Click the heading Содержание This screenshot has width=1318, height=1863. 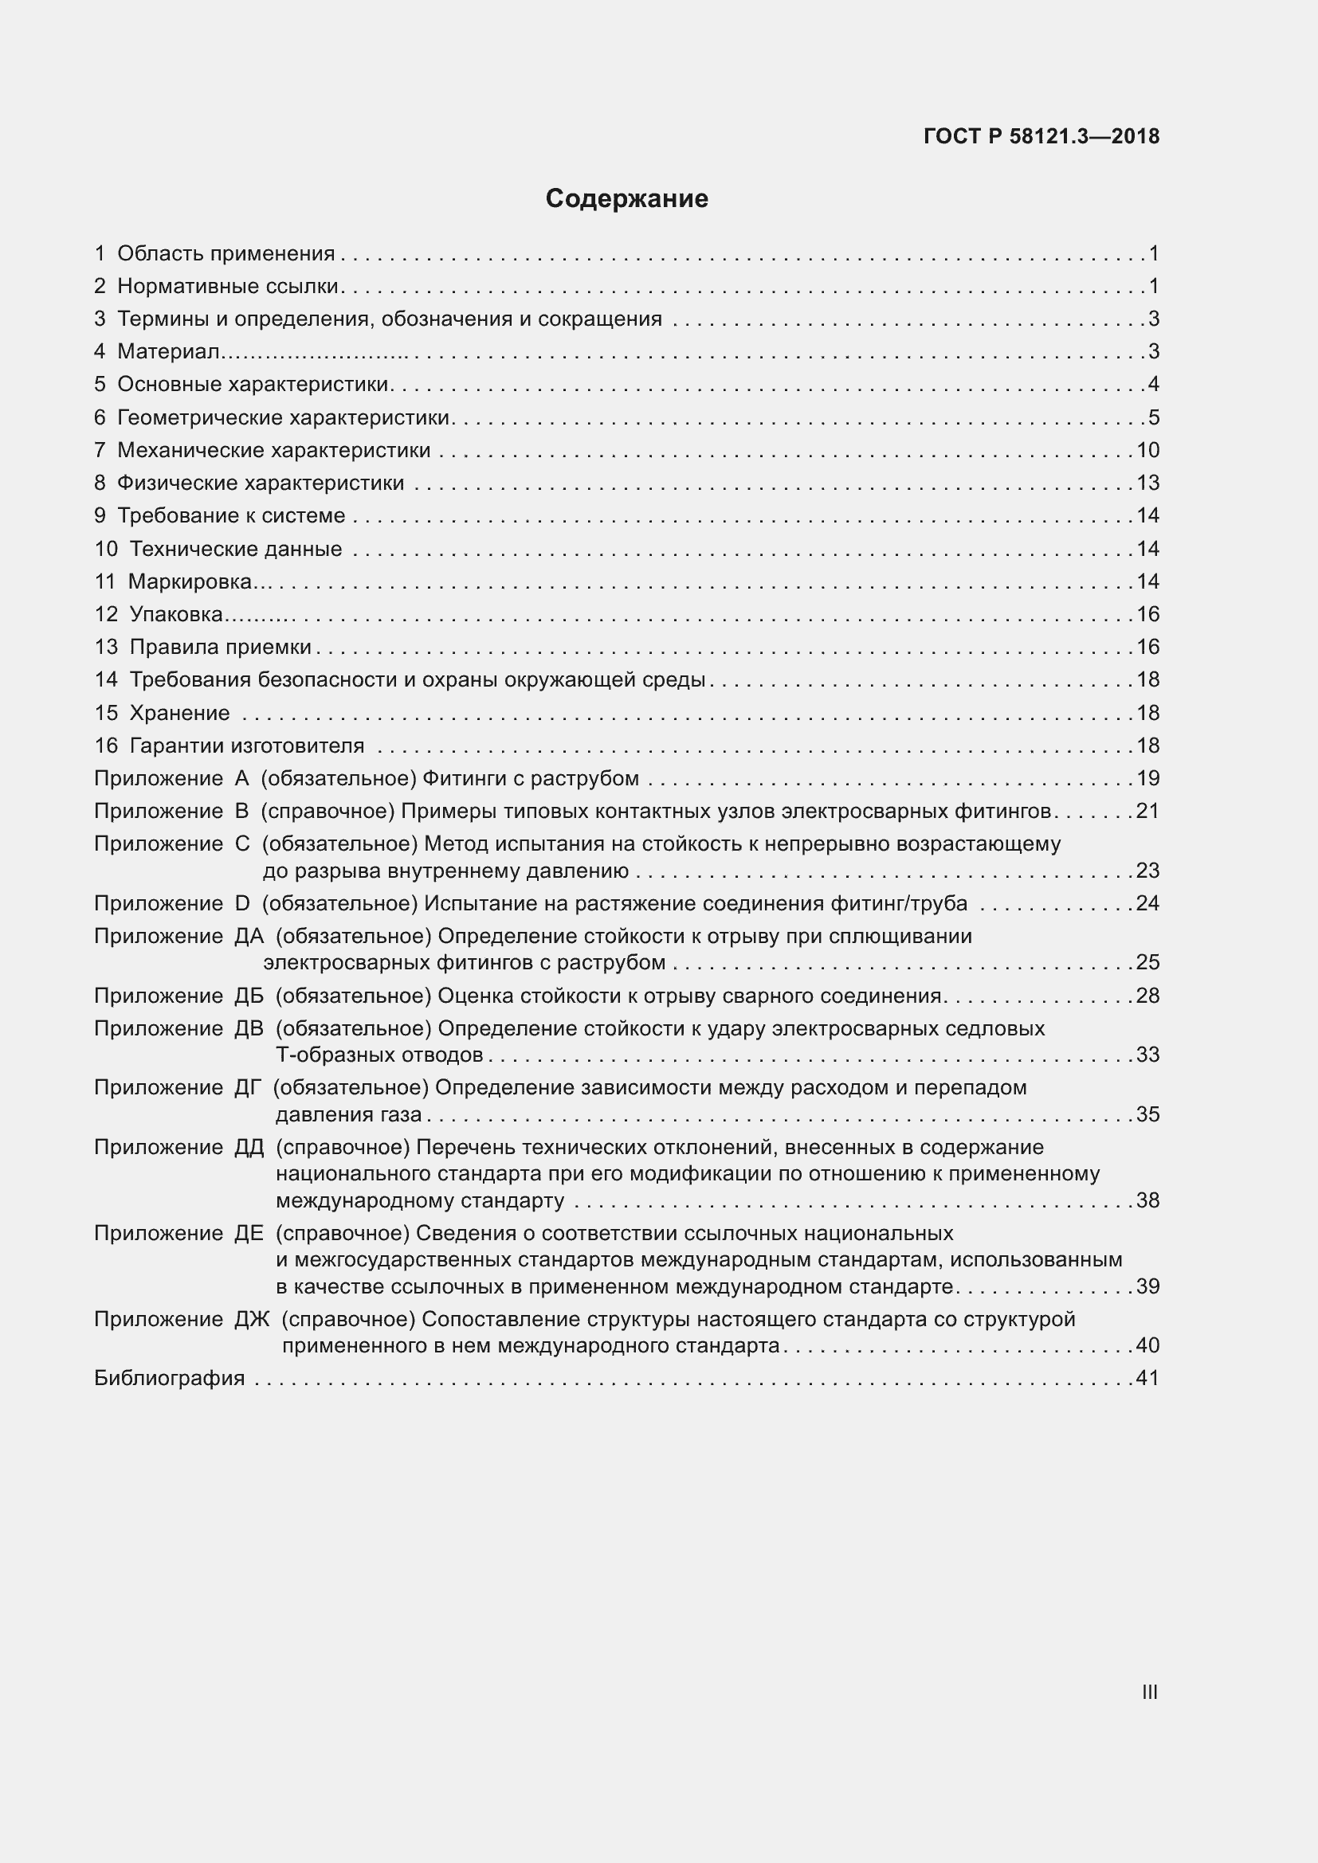(x=626, y=199)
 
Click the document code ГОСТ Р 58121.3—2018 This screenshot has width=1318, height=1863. (x=1041, y=136)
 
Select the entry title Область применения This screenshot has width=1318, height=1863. (x=226, y=254)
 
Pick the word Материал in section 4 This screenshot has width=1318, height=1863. (x=168, y=352)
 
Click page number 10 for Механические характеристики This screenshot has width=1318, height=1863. (x=1147, y=450)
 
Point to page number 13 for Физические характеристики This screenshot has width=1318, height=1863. (x=1147, y=483)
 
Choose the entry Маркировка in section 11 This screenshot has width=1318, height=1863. (x=190, y=581)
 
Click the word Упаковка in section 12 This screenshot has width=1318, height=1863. (x=176, y=615)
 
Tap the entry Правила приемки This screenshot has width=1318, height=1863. (x=220, y=648)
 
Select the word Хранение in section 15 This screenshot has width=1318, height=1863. (x=179, y=713)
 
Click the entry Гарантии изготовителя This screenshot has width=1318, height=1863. (x=247, y=746)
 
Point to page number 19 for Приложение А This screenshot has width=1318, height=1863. (x=1147, y=779)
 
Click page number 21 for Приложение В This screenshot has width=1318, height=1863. (x=1147, y=812)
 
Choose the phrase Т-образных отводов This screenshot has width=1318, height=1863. (x=380, y=1055)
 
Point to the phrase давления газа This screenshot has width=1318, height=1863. (x=348, y=1115)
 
